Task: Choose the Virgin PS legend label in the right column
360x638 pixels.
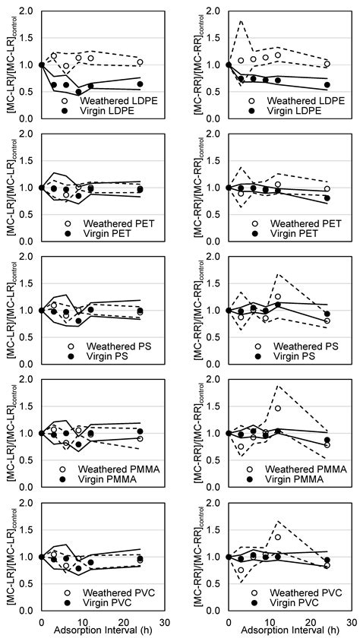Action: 293,356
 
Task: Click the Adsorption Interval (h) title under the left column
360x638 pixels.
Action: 96,630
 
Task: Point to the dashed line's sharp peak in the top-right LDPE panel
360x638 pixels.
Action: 241,21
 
